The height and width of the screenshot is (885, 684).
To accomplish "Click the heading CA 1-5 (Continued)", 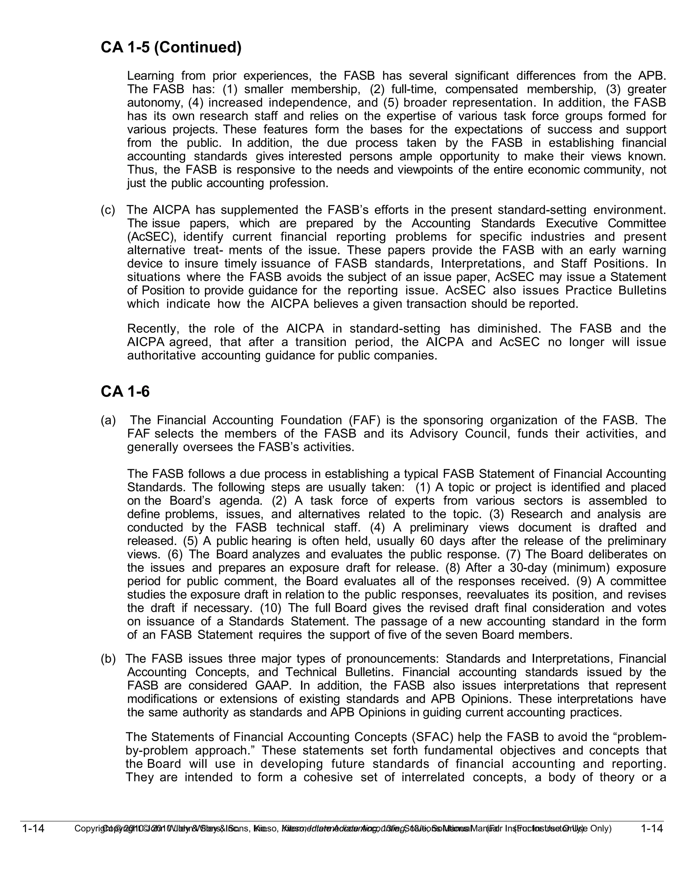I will [171, 48].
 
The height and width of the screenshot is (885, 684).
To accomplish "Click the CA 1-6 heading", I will [125, 392].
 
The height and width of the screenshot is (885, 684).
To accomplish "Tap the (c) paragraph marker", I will [108, 210].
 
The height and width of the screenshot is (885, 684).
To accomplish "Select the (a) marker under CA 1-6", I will [108, 420].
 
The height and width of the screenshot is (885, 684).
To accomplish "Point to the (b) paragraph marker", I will [108, 659].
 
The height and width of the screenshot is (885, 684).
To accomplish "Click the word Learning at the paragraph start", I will [150, 76].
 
